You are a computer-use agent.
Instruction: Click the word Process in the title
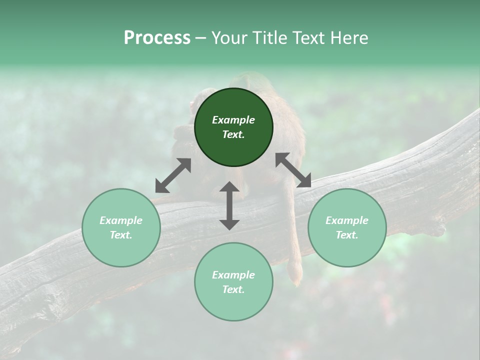click(x=157, y=38)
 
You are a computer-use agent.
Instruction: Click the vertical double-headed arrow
click(x=229, y=205)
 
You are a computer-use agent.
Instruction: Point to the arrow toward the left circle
click(x=173, y=175)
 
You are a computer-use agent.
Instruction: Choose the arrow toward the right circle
click(x=293, y=170)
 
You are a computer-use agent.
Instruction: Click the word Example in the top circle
click(x=233, y=120)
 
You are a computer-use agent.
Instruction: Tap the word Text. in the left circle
click(x=121, y=235)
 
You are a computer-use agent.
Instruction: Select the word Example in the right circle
click(x=347, y=220)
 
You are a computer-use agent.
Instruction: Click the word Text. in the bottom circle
click(x=233, y=289)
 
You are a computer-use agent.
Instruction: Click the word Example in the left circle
click(x=121, y=220)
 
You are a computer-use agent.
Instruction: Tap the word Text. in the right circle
click(x=347, y=235)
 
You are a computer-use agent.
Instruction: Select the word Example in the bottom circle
click(x=233, y=275)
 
